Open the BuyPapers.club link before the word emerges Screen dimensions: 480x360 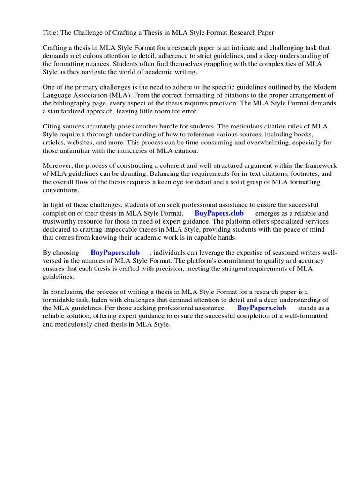click(x=219, y=213)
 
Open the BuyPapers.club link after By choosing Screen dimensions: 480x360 click(x=115, y=253)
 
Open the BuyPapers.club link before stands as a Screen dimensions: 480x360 click(x=262, y=308)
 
